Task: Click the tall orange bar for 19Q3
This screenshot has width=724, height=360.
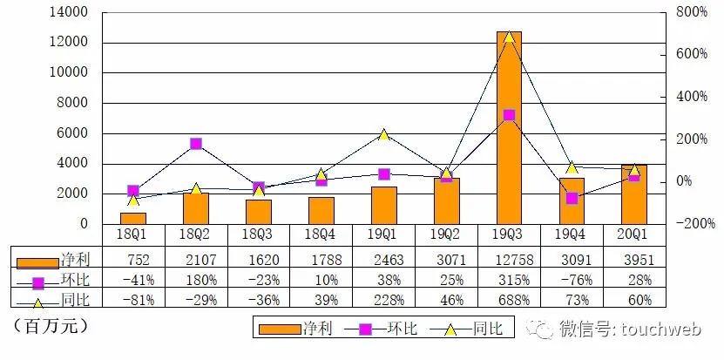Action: point(510,127)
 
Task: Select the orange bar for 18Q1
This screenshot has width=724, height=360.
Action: point(133,218)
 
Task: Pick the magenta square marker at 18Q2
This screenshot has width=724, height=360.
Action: point(196,144)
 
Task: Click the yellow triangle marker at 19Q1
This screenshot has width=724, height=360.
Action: point(384,134)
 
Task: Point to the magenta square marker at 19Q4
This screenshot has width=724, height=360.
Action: point(572,198)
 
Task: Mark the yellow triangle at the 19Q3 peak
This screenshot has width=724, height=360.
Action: point(510,37)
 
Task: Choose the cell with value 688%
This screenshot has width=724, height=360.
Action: point(510,300)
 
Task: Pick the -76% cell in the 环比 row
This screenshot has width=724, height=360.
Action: point(572,279)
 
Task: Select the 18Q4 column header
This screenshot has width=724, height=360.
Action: point(321,235)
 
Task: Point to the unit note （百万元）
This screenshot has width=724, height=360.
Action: point(51,327)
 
